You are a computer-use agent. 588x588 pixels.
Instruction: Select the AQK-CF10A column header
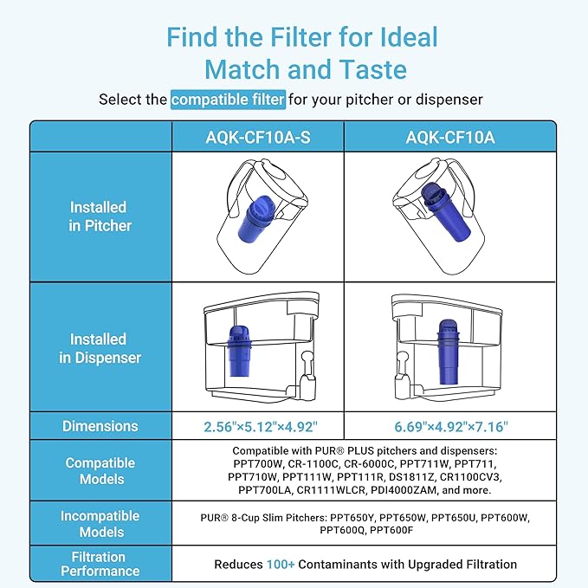point(449,137)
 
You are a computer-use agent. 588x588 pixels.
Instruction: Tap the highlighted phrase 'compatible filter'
point(228,100)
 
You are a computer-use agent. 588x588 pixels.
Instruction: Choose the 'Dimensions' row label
point(100,426)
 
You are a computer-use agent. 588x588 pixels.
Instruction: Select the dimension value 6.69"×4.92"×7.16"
point(449,427)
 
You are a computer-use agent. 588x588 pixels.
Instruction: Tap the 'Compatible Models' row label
point(100,471)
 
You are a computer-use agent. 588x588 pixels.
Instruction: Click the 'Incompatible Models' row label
point(100,523)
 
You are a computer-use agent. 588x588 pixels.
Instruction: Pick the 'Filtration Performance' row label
point(100,564)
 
